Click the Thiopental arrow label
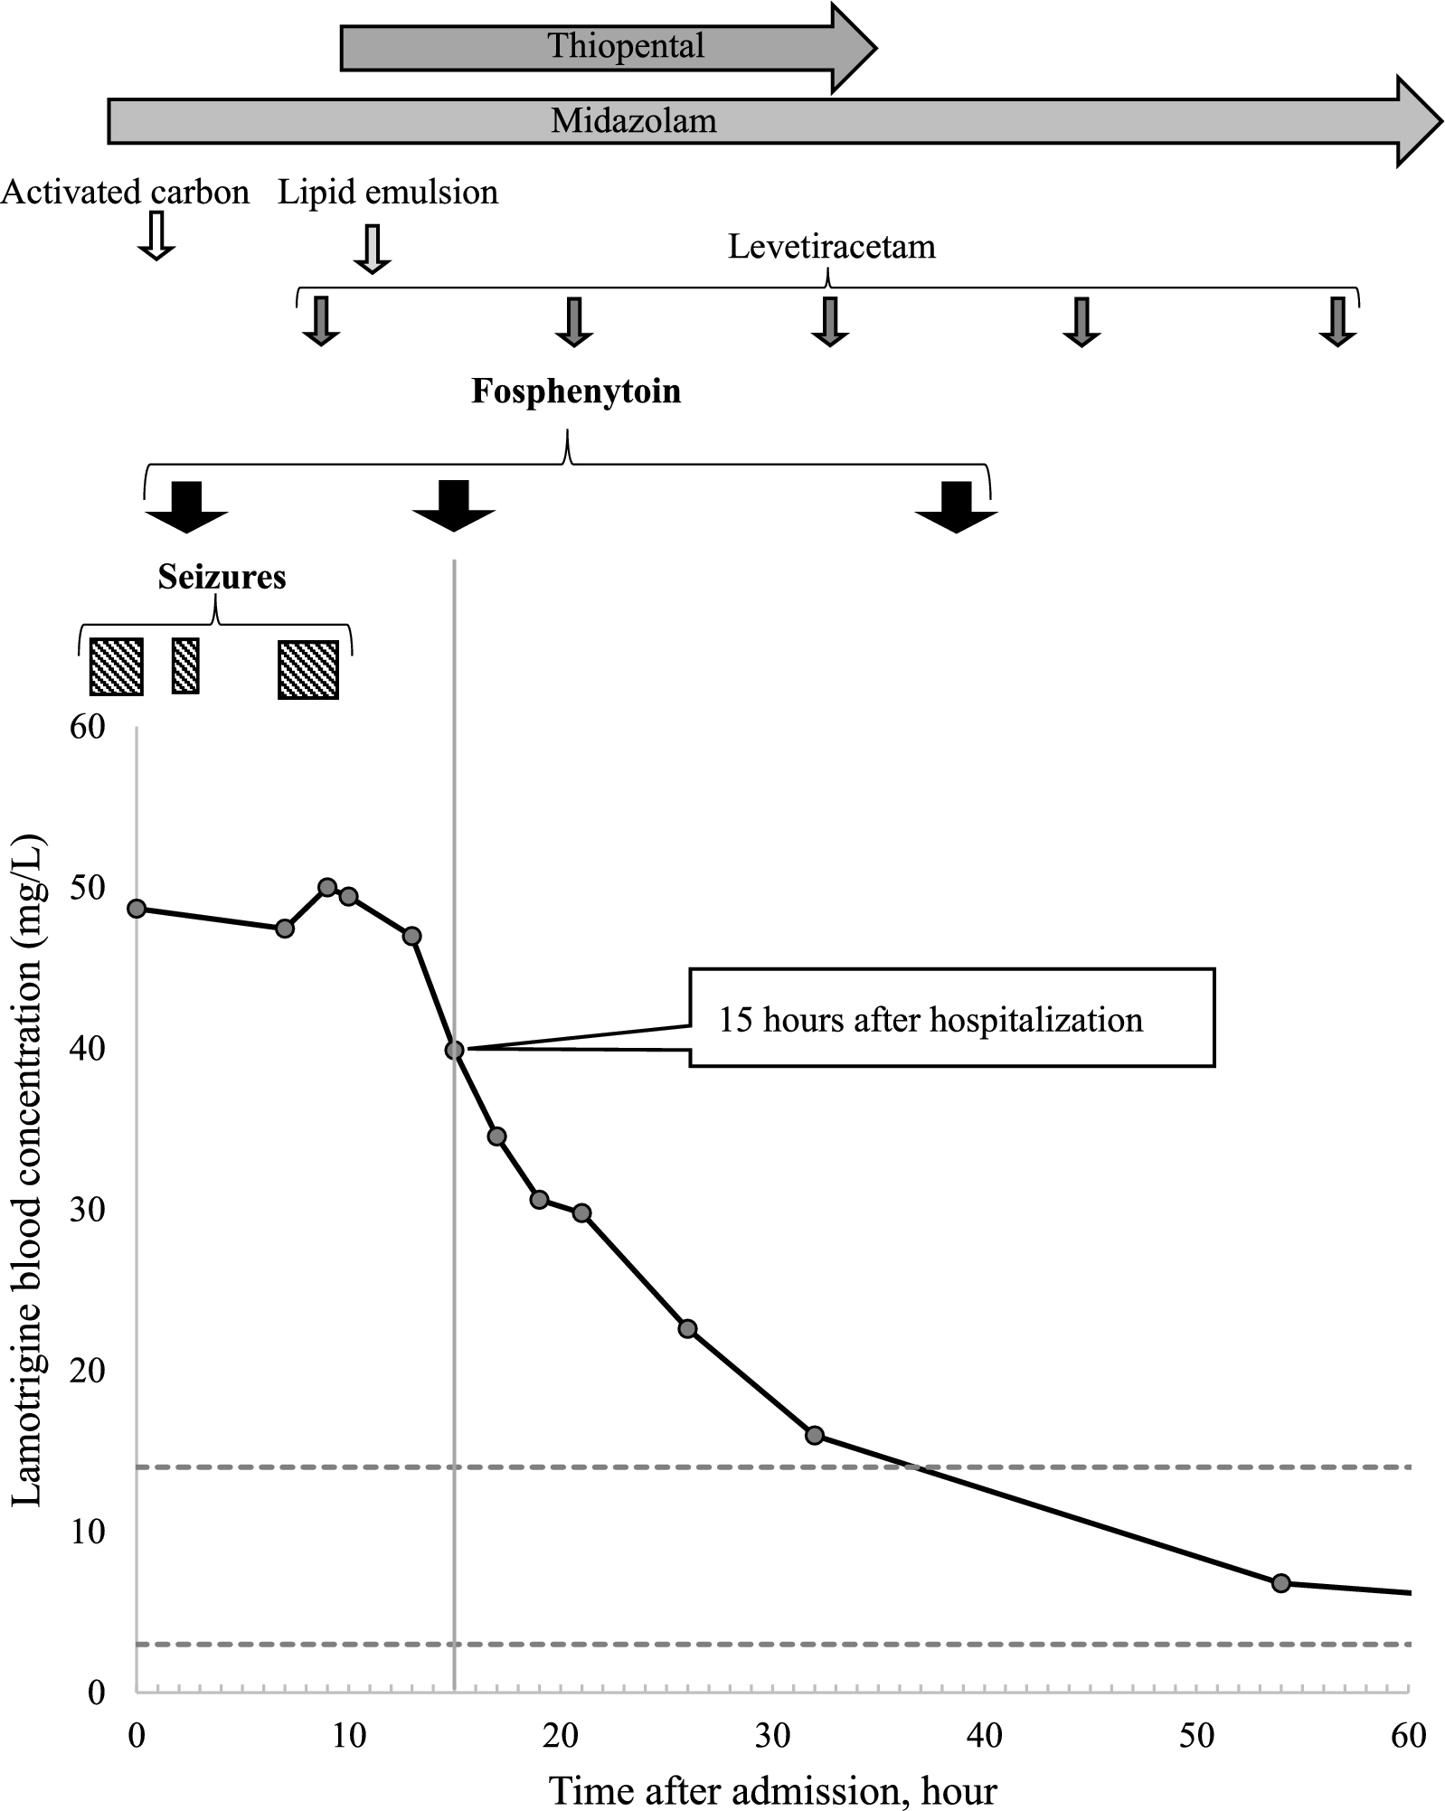pyautogui.click(x=626, y=46)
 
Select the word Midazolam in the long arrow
pyautogui.click(x=634, y=121)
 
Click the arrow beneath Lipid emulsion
pyautogui.click(x=372, y=249)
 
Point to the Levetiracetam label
pyautogui.click(x=831, y=247)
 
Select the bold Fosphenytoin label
pyautogui.click(x=576, y=391)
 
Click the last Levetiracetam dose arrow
pyautogui.click(x=1337, y=321)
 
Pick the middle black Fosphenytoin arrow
pyautogui.click(x=453, y=505)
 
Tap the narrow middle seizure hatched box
pyautogui.click(x=185, y=666)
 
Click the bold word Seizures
pyautogui.click(x=222, y=578)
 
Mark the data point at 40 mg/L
pyautogui.click(x=455, y=1050)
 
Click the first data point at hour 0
pyautogui.click(x=137, y=909)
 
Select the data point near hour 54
pyautogui.click(x=1280, y=1583)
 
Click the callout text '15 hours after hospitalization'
pyautogui.click(x=930, y=1021)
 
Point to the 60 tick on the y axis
pyautogui.click(x=88, y=727)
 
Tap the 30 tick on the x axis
pyautogui.click(x=772, y=1735)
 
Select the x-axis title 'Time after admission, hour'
pyautogui.click(x=773, y=1790)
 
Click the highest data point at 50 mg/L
pyautogui.click(x=327, y=887)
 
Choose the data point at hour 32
pyautogui.click(x=815, y=1435)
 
